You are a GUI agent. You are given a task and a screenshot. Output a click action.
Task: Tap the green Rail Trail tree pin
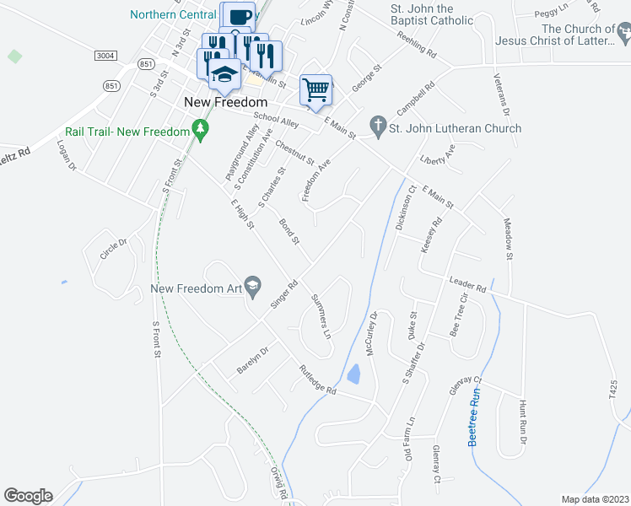(x=200, y=129)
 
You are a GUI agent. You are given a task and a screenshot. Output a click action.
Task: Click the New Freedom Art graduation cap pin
(x=252, y=288)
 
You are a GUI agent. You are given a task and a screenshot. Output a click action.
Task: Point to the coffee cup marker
(x=238, y=18)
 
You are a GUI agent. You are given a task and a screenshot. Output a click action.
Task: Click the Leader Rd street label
(x=468, y=285)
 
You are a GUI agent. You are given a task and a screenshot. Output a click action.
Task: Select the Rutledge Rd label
(x=317, y=379)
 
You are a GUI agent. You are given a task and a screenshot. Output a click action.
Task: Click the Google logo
(x=28, y=496)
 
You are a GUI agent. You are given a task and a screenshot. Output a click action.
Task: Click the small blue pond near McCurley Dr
(x=354, y=373)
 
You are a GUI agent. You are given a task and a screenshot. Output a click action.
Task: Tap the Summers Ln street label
(x=321, y=315)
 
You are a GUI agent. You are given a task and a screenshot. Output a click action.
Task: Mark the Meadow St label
(x=508, y=238)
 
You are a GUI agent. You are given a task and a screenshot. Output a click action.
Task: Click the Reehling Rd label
(x=418, y=47)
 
